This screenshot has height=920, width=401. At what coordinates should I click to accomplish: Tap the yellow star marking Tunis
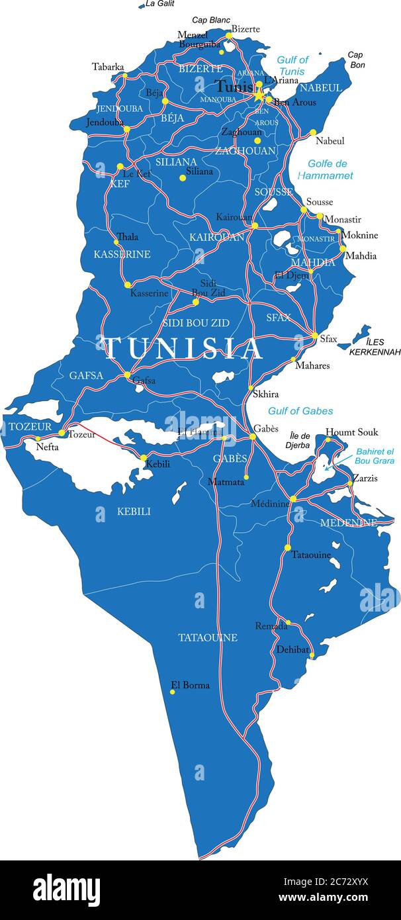click(258, 96)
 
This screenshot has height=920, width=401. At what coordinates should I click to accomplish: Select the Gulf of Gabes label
click(300, 411)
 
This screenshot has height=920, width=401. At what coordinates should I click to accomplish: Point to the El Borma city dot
click(172, 692)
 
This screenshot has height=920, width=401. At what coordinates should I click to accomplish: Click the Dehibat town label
click(292, 650)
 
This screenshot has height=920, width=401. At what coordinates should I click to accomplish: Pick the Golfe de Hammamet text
click(325, 169)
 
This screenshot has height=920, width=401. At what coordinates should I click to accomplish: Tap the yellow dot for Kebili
click(143, 457)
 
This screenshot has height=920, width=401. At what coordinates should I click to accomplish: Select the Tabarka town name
click(108, 67)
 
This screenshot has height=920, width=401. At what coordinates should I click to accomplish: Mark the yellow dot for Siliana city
click(183, 177)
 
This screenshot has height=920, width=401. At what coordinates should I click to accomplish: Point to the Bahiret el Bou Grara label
click(374, 455)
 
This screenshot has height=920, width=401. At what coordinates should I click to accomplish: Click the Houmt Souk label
click(351, 432)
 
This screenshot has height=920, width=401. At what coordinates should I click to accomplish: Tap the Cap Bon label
click(356, 60)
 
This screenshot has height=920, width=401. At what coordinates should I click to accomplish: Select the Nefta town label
click(47, 447)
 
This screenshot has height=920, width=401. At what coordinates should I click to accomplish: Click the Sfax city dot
click(315, 336)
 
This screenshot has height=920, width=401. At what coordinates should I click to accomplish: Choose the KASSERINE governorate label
click(122, 254)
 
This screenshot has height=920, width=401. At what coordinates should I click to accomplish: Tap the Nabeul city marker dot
click(313, 133)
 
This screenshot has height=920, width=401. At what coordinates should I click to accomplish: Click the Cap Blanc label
click(210, 20)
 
